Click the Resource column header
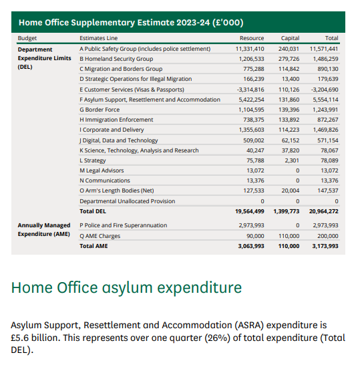(x=252, y=39)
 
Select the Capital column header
(x=290, y=39)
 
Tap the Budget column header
(x=28, y=39)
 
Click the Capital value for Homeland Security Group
(x=288, y=59)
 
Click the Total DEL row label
(x=94, y=211)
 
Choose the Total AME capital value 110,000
(x=289, y=246)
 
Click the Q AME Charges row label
(x=100, y=236)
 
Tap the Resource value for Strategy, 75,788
(x=256, y=160)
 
